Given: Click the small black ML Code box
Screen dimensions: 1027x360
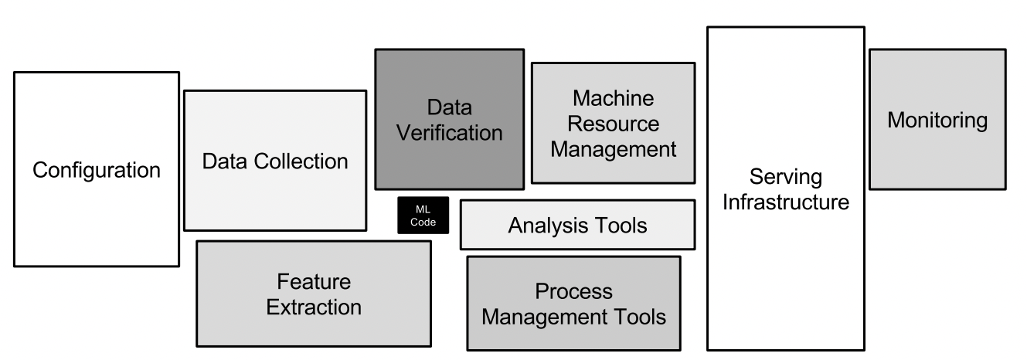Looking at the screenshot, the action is coord(423,215).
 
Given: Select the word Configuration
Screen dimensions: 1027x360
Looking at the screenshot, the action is coord(97,171).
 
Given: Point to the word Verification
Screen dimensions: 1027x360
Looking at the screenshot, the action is coord(449,133).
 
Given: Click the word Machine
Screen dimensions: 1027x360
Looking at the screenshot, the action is coord(614,98).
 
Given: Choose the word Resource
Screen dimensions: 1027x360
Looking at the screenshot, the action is coord(614,124).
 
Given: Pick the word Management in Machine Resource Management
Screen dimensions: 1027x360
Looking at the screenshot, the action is coord(614,150).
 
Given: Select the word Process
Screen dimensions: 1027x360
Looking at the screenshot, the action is coord(573,291).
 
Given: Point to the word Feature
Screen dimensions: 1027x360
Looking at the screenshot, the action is coord(314,281).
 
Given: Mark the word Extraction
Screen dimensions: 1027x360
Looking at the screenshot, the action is coord(314,307).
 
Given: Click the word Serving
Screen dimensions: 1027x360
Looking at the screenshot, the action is coord(786,177).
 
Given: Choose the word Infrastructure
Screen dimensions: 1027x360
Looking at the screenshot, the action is coord(786,202).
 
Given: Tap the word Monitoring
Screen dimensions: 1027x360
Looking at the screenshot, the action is coord(937,121).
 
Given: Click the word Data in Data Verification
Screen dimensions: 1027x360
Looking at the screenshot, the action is coord(449,107).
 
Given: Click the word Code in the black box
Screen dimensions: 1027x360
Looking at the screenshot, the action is coord(423,222).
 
